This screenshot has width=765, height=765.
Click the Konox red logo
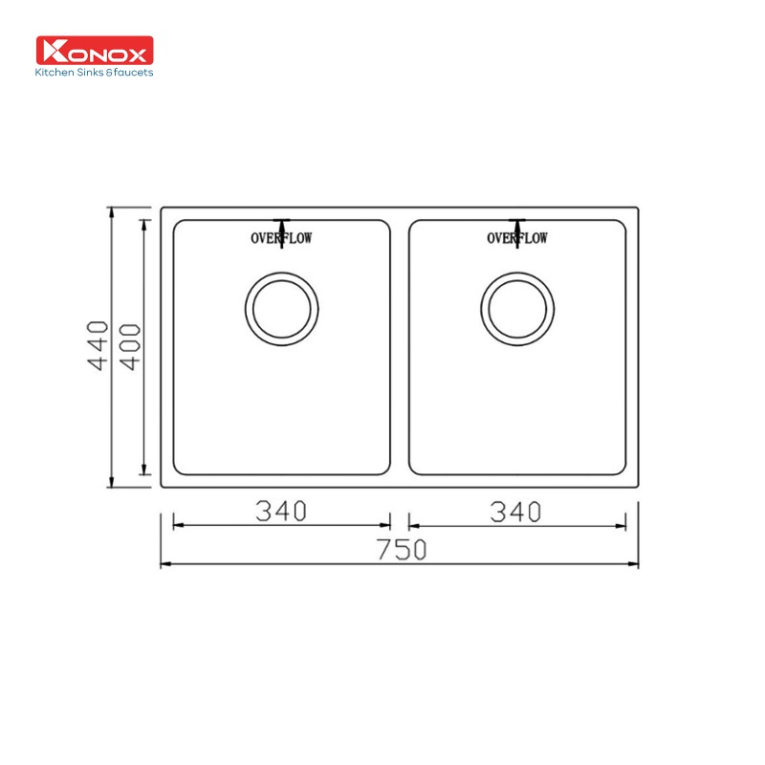(95, 50)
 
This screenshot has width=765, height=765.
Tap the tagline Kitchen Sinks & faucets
(95, 72)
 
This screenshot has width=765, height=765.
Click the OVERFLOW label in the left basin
(281, 238)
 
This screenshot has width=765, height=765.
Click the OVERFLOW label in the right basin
(517, 238)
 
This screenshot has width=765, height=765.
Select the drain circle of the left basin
(282, 307)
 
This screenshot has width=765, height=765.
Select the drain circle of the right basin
(517, 307)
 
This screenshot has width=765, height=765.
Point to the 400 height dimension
(132, 347)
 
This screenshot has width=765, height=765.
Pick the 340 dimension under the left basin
(281, 512)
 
